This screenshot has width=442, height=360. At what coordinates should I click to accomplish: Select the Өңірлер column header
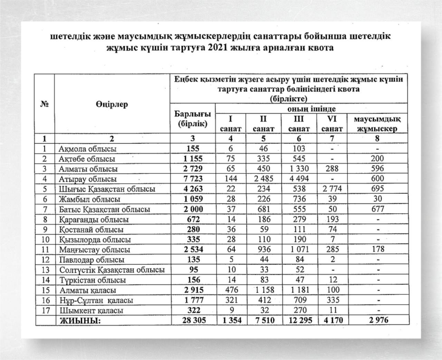[112, 104]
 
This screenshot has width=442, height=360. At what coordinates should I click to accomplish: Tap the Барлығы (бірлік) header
[193, 119]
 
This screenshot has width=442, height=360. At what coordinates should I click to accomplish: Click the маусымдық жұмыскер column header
[377, 124]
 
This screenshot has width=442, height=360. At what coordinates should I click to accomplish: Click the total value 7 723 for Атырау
[193, 179]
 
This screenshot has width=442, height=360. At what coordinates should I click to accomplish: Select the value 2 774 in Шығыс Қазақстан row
[331, 189]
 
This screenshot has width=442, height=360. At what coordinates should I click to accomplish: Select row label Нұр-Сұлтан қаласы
[96, 300]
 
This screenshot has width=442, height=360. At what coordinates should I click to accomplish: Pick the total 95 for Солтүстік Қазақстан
[193, 269]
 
